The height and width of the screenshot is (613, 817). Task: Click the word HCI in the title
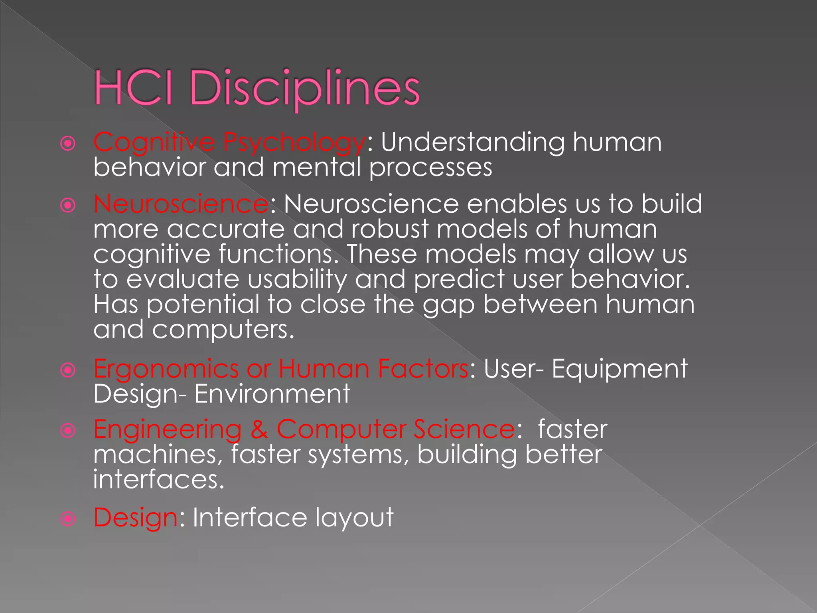pos(134,88)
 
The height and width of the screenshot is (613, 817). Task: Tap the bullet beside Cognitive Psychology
pos(68,144)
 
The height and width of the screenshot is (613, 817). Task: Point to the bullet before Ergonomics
pos(68,370)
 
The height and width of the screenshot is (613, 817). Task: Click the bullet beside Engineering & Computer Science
pos(68,431)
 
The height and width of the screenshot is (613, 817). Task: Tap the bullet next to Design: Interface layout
pos(68,519)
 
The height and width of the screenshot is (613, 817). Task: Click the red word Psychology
pos(294,143)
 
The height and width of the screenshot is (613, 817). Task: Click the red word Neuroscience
pos(181,204)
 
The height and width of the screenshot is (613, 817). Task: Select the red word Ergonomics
pos(166,369)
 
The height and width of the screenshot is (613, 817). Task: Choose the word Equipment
pos(620,369)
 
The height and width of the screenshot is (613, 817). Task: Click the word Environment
pos(272,394)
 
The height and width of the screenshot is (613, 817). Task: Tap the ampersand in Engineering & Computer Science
pos(259,429)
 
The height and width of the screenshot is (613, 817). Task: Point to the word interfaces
pos(159,480)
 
